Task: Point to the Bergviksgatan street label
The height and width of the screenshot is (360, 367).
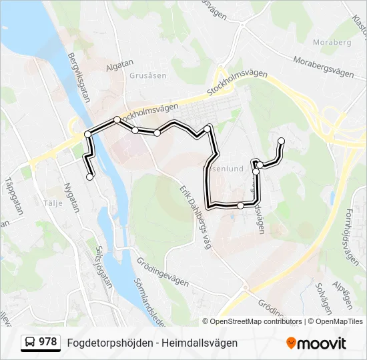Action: [79, 78]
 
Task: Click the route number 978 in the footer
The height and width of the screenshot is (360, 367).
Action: [47, 342]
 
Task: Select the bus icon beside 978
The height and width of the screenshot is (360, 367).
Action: [30, 343]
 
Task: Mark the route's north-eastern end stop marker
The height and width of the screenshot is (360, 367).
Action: [282, 141]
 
